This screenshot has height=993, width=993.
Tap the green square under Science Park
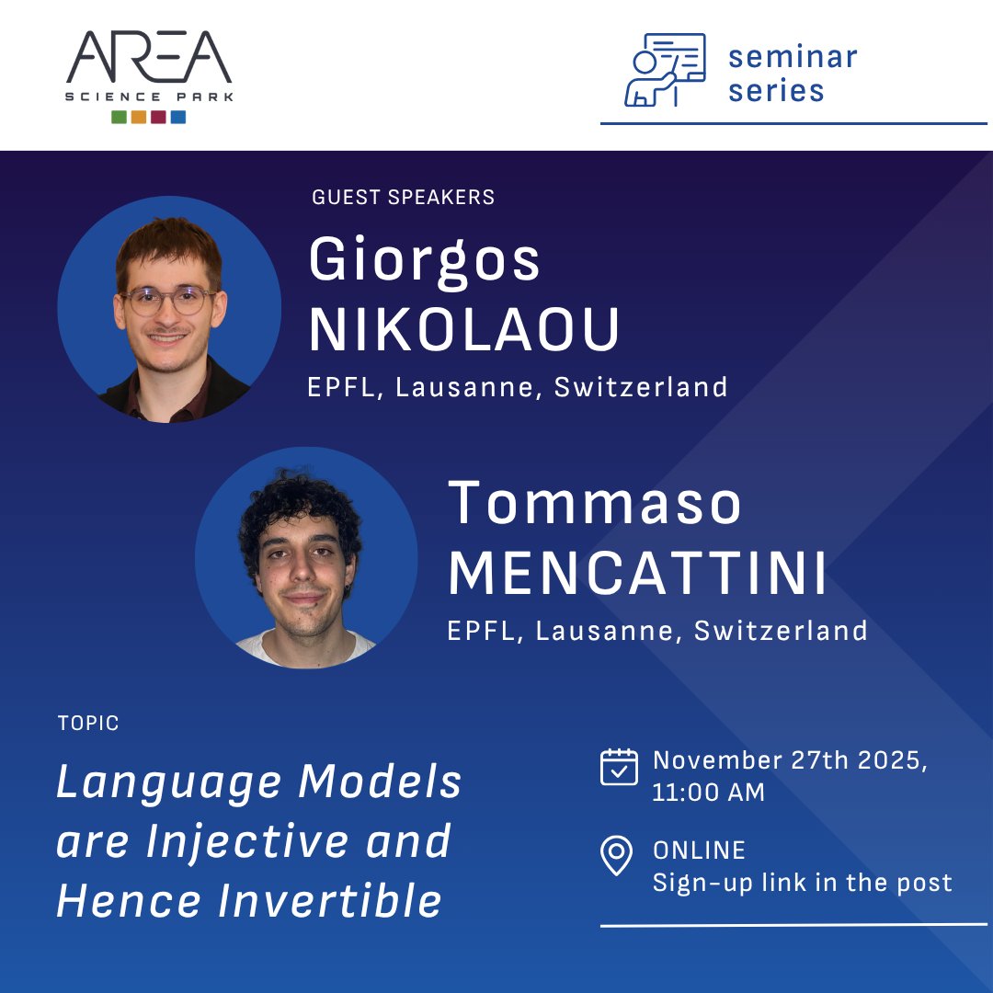119,117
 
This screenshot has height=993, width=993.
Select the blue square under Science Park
178,117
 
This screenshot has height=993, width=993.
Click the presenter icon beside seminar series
665,70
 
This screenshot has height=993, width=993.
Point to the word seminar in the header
793,57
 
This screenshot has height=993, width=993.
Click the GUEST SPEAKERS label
403,197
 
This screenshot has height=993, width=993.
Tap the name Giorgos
425,260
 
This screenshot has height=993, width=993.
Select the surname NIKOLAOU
464,330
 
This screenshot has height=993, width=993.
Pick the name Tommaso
594,504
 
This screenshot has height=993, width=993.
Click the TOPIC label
88,724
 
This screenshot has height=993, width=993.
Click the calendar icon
619,767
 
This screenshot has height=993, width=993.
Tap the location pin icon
616,855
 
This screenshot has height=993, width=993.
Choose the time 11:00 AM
708,793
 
